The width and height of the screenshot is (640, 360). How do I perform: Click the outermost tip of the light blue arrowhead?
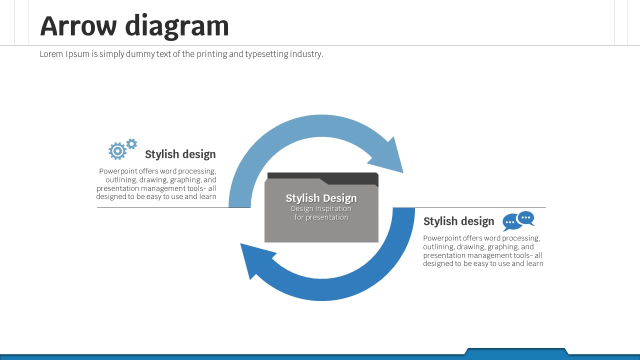(403, 173)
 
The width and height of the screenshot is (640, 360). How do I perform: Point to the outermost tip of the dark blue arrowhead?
(240, 243)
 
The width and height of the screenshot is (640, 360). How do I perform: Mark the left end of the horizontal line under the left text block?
(97, 207)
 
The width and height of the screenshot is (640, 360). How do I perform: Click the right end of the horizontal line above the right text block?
(545, 207)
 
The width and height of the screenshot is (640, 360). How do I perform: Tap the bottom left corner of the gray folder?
(265, 242)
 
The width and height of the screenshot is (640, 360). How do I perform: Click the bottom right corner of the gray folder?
(378, 242)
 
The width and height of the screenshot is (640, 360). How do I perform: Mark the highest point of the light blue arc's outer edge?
(321, 115)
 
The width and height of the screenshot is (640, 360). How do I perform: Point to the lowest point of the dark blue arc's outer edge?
(321, 300)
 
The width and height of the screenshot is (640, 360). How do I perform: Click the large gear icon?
(117, 150)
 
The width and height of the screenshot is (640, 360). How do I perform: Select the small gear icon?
(131, 144)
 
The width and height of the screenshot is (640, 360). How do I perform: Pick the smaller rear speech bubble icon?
(526, 218)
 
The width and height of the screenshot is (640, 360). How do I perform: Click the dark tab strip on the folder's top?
(323, 178)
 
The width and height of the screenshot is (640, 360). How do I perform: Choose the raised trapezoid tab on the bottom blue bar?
(516, 351)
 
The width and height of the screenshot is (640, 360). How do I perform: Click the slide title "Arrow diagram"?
(134, 26)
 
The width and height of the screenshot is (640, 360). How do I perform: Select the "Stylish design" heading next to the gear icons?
(180, 154)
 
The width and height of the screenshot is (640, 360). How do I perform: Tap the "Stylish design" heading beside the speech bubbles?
(459, 221)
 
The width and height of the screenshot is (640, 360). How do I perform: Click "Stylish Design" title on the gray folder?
(321, 198)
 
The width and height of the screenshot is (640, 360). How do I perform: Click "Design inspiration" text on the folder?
(321, 208)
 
